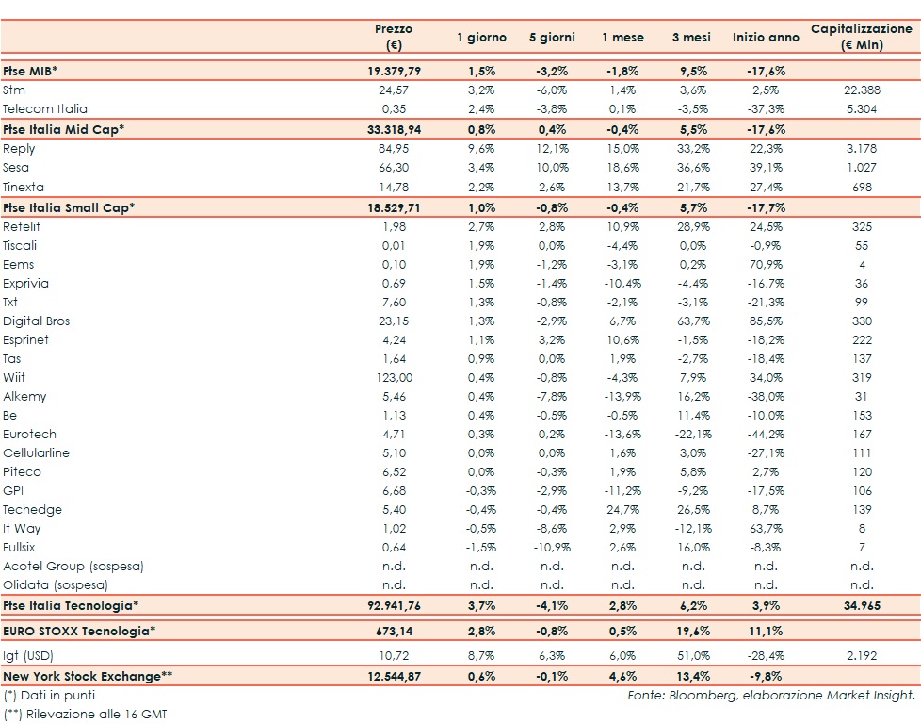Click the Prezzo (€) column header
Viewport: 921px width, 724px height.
393,37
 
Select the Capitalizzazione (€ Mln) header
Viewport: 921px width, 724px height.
861,37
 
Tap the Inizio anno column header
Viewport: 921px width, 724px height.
765,38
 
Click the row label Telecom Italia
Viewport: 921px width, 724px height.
44,109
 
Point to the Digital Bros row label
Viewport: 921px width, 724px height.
37,321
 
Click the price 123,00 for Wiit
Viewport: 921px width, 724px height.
393,377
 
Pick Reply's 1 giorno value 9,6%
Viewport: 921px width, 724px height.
481,149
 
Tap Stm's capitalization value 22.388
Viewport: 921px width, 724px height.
862,90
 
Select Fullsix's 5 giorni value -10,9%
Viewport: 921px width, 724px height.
551,547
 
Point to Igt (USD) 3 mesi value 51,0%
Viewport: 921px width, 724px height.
693,650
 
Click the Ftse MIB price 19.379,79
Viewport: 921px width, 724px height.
393,71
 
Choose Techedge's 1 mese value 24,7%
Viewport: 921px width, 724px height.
622,509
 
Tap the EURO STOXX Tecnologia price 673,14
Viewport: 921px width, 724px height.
393,631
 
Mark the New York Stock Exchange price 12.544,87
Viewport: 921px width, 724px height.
393,675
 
